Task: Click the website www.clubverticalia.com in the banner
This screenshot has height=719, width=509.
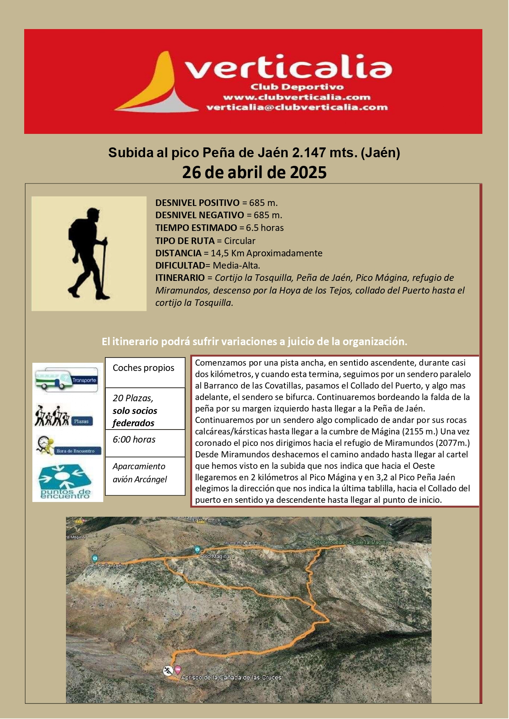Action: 296,97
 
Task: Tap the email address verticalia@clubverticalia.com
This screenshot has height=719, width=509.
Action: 297,107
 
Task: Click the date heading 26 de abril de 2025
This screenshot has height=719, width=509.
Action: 254,172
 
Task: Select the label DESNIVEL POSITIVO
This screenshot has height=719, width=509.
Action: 197,203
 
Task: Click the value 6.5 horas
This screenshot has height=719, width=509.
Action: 265,228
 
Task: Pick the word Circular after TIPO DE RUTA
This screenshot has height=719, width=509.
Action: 239,241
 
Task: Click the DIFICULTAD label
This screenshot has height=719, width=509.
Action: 180,265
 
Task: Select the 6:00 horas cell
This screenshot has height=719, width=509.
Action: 134,439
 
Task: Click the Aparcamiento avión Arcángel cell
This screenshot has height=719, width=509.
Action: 139,473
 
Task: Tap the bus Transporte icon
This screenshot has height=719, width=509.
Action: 67,380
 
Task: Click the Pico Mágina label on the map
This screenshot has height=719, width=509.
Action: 214,556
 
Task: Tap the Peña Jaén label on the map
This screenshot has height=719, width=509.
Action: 111,565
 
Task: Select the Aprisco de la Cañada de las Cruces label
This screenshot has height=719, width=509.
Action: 231,677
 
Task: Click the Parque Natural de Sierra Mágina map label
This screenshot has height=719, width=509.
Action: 349,542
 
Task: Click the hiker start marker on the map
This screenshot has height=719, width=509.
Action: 168,671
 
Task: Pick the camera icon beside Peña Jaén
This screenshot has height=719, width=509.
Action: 95,558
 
